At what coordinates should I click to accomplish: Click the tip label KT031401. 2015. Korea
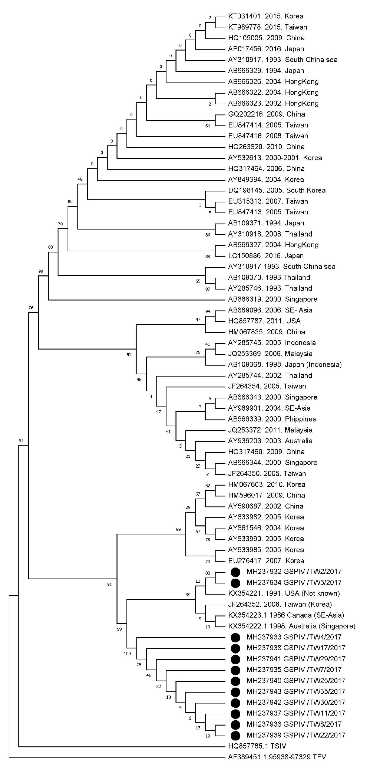pyautogui.click(x=265, y=16)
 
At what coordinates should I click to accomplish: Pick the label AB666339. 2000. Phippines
pyautogui.click(x=272, y=419)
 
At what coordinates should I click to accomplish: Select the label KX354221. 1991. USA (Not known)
pyautogui.click(x=284, y=593)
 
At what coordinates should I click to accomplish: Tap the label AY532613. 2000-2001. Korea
pyautogui.click(x=275, y=158)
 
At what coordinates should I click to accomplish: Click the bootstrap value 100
pyautogui.click(x=127, y=654)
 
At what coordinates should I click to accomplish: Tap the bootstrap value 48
pyautogui.click(x=80, y=179)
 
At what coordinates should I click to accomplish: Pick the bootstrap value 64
pyautogui.click(x=208, y=126)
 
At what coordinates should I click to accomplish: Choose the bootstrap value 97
pyautogui.click(x=198, y=320)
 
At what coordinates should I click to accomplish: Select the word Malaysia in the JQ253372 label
pyautogui.click(x=298, y=430)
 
